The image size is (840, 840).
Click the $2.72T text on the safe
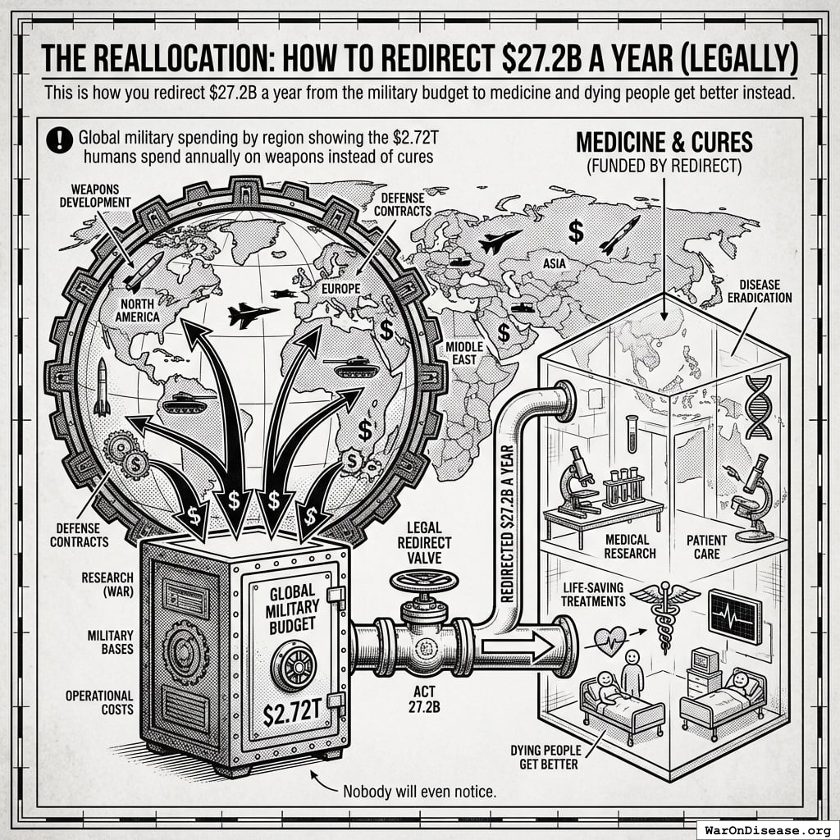click(292, 714)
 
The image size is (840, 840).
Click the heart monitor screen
click(734, 615)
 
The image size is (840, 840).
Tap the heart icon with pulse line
click(609, 638)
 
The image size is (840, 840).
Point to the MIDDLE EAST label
click(463, 354)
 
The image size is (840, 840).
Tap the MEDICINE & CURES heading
click(664, 141)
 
